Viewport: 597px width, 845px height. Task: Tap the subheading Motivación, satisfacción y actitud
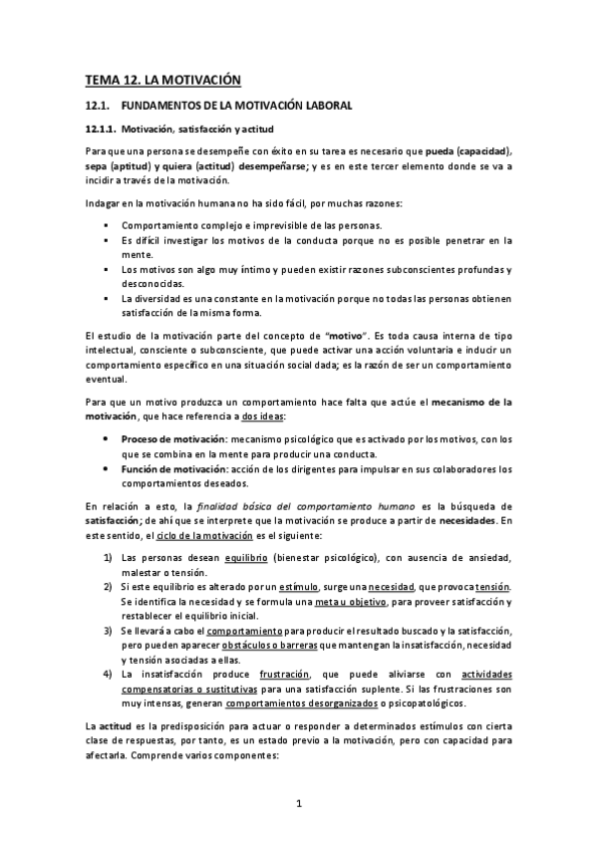193,130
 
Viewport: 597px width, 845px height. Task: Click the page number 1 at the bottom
298,802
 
